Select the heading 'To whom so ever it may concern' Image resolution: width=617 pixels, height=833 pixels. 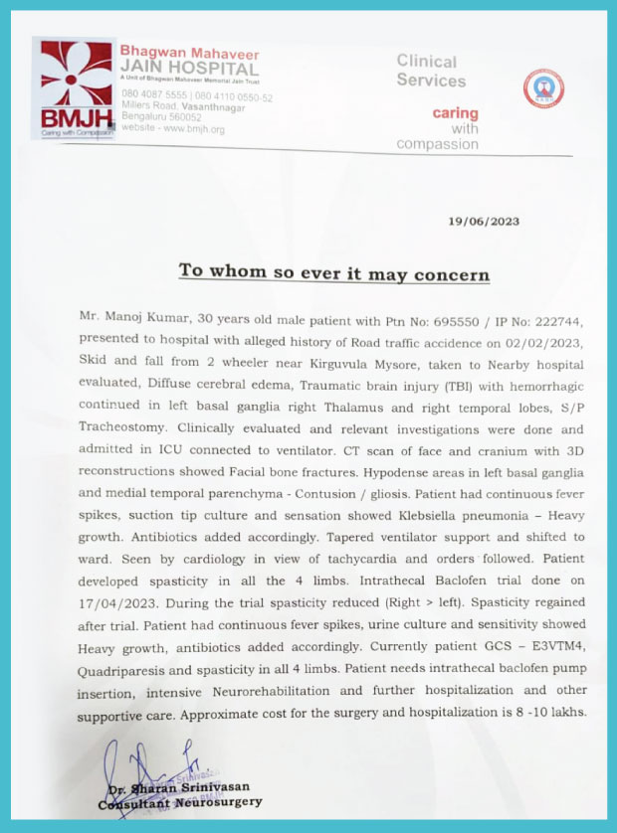point(333,271)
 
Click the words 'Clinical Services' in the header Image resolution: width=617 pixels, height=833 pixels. point(429,71)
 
